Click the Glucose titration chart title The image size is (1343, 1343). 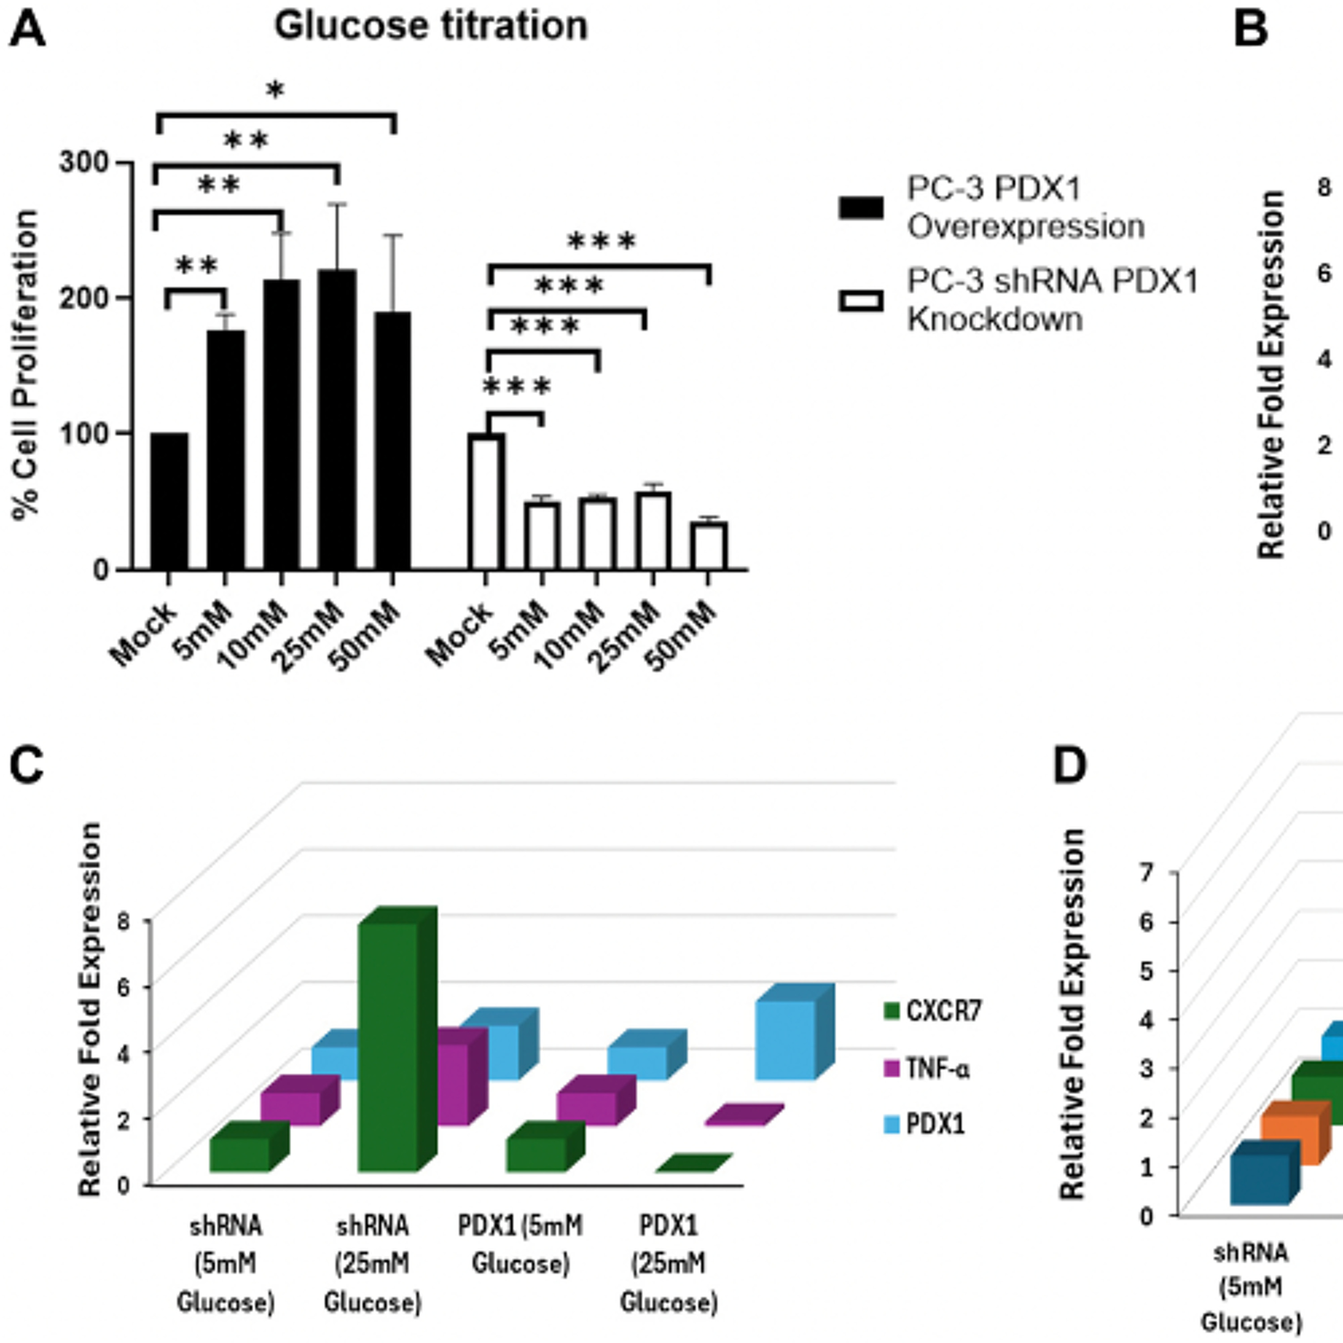pos(431,26)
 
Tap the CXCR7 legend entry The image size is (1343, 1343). pos(932,1011)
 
